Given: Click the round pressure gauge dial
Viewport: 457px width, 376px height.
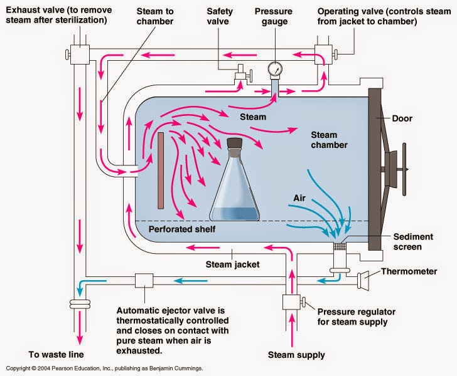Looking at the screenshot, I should pyautogui.click(x=274, y=68).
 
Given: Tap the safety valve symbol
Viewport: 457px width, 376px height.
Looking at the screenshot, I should pyautogui.click(x=240, y=75).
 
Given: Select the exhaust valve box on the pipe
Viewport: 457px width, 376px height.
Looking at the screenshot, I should pyautogui.click(x=80, y=56).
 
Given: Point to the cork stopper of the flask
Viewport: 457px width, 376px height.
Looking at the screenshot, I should pyautogui.click(x=235, y=148).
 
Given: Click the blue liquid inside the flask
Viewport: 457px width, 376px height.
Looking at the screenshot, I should pyautogui.click(x=235, y=209).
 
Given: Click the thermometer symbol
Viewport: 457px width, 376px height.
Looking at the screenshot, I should pyautogui.click(x=365, y=277).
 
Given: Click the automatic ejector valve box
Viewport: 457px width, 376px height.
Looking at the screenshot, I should pyautogui.click(x=144, y=281).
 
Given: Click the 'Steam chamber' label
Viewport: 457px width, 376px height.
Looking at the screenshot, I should pyautogui.click(x=328, y=140).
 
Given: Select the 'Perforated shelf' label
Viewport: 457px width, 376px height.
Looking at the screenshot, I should pyautogui.click(x=182, y=229).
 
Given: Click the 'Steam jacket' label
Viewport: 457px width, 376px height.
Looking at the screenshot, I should pyautogui.click(x=233, y=264).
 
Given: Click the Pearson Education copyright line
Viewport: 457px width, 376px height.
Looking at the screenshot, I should pyautogui.click(x=104, y=369).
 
